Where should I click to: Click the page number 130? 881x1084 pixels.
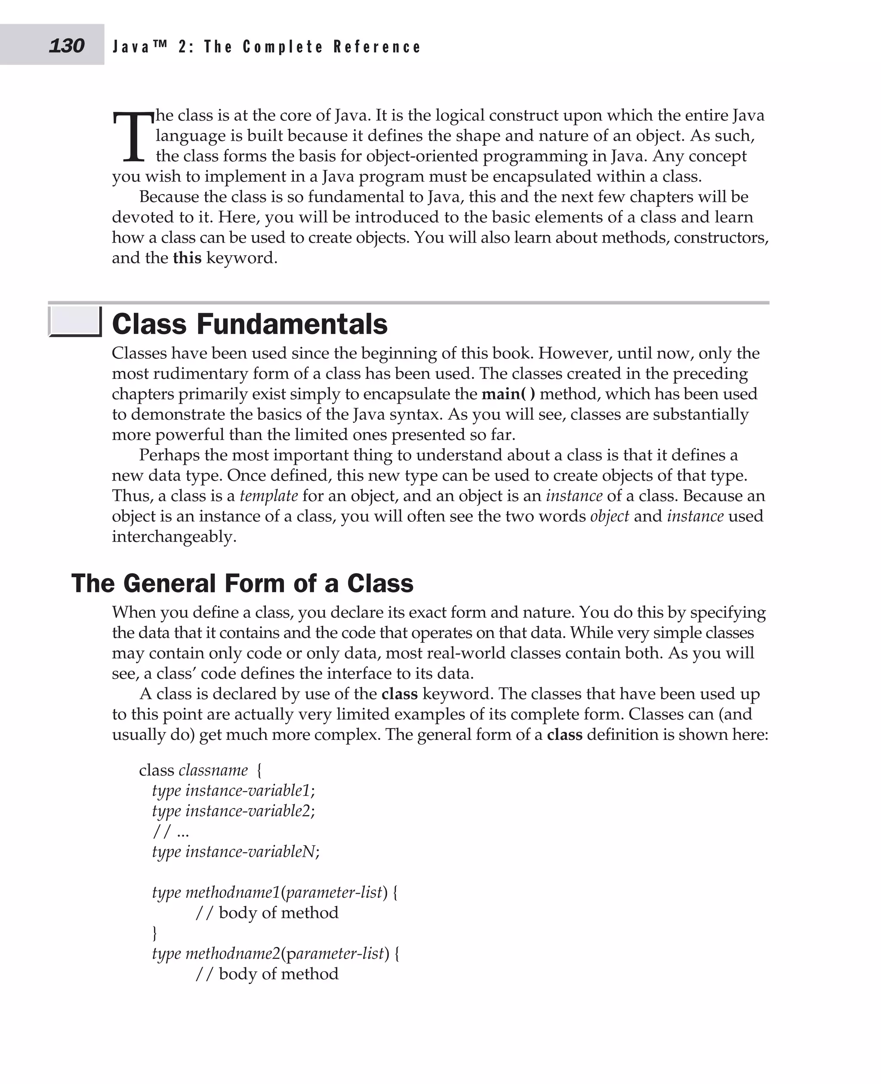[x=67, y=46]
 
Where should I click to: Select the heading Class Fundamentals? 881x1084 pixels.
[x=249, y=324]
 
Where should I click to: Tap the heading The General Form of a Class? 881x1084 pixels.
[x=242, y=583]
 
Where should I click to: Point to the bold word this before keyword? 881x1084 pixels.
[x=187, y=258]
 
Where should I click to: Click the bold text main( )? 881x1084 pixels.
[x=508, y=394]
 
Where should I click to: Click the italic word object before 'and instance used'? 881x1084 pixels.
[x=609, y=516]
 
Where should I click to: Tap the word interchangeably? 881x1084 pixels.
[x=174, y=536]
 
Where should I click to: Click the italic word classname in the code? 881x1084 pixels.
[x=213, y=770]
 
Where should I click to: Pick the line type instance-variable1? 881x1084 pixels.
[x=234, y=790]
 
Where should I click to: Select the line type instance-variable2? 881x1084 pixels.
[x=234, y=810]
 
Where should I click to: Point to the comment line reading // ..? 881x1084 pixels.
[x=170, y=831]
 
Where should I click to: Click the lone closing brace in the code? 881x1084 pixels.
[x=155, y=933]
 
